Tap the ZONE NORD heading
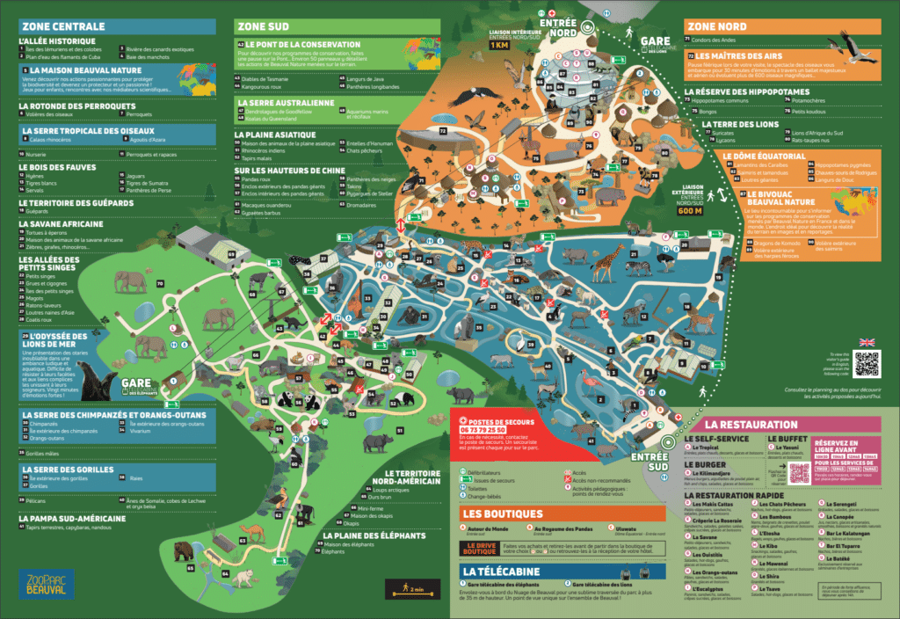[717, 26]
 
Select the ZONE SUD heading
[263, 26]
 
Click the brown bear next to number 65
[184, 551]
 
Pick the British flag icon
[866, 342]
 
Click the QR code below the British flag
[866, 363]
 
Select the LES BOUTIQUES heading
[501, 513]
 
